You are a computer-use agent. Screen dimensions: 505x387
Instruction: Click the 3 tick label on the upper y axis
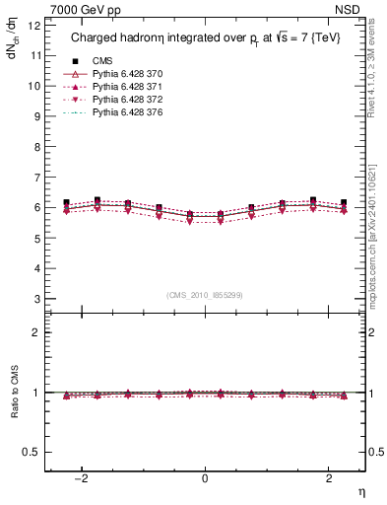[35, 299]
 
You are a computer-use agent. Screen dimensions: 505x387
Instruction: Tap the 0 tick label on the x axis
[205, 478]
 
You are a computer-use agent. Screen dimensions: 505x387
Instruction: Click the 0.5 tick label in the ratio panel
[30, 452]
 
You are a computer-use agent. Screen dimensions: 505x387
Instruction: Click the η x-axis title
[359, 490]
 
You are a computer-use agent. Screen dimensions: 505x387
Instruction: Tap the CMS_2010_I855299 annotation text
[205, 295]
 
